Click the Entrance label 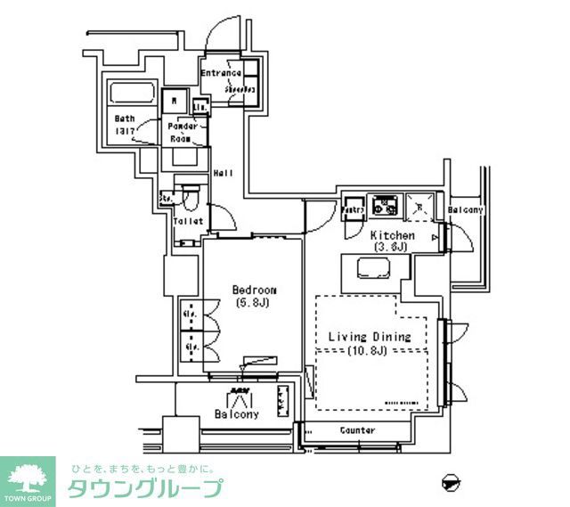(220, 73)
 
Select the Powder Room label (183, 133)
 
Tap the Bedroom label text (254, 290)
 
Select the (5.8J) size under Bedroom (253, 303)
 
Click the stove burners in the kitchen (387, 206)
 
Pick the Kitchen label (393, 235)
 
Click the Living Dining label (369, 337)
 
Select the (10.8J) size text (369, 350)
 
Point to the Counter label (357, 430)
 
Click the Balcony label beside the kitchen (465, 210)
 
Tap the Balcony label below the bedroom (237, 414)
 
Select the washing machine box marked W (175, 101)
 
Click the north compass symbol (452, 482)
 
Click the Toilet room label (188, 221)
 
